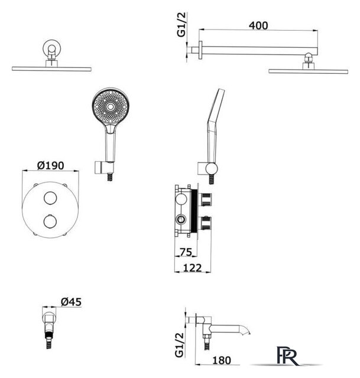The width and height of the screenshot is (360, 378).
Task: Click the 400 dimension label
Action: click(x=258, y=25)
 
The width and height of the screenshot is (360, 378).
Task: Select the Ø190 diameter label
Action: click(x=51, y=165)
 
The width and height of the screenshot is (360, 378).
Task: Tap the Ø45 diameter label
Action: click(x=71, y=302)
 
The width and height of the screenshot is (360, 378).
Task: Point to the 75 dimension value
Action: click(x=186, y=252)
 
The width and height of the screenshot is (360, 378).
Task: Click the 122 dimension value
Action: click(x=192, y=268)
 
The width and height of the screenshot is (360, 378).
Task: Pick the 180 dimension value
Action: click(x=222, y=360)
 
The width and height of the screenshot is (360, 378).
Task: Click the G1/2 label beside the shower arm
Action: click(x=181, y=25)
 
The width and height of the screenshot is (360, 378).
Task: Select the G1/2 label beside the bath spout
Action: click(x=179, y=345)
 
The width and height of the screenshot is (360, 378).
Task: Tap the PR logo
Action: click(x=288, y=356)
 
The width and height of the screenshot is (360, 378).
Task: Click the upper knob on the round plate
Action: click(x=50, y=198)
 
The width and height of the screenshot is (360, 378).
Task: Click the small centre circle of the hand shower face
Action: click(x=111, y=107)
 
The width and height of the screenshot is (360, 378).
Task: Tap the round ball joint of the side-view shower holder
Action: click(x=212, y=168)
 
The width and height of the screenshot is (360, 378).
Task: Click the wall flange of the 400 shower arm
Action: click(x=200, y=50)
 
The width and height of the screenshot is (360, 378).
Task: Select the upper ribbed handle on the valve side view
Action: click(x=205, y=200)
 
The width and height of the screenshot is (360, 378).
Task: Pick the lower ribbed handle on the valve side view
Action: click(x=205, y=223)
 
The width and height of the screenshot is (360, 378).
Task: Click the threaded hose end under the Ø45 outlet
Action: click(x=49, y=340)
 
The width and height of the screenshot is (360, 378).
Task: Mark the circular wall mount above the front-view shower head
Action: click(x=52, y=49)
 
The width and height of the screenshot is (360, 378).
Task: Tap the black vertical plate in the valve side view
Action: click(x=194, y=211)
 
